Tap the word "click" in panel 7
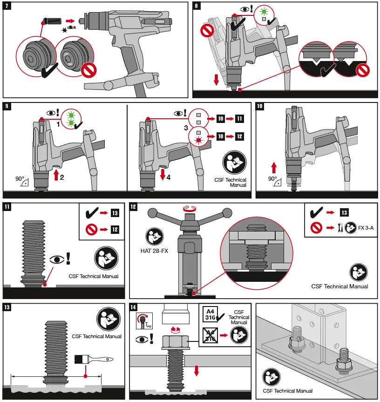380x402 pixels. [71, 27]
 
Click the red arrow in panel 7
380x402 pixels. [70, 20]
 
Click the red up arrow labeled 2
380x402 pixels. [57, 175]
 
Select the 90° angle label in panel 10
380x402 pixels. [273, 179]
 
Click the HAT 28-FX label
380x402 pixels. [154, 252]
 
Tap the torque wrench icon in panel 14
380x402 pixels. [142, 320]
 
